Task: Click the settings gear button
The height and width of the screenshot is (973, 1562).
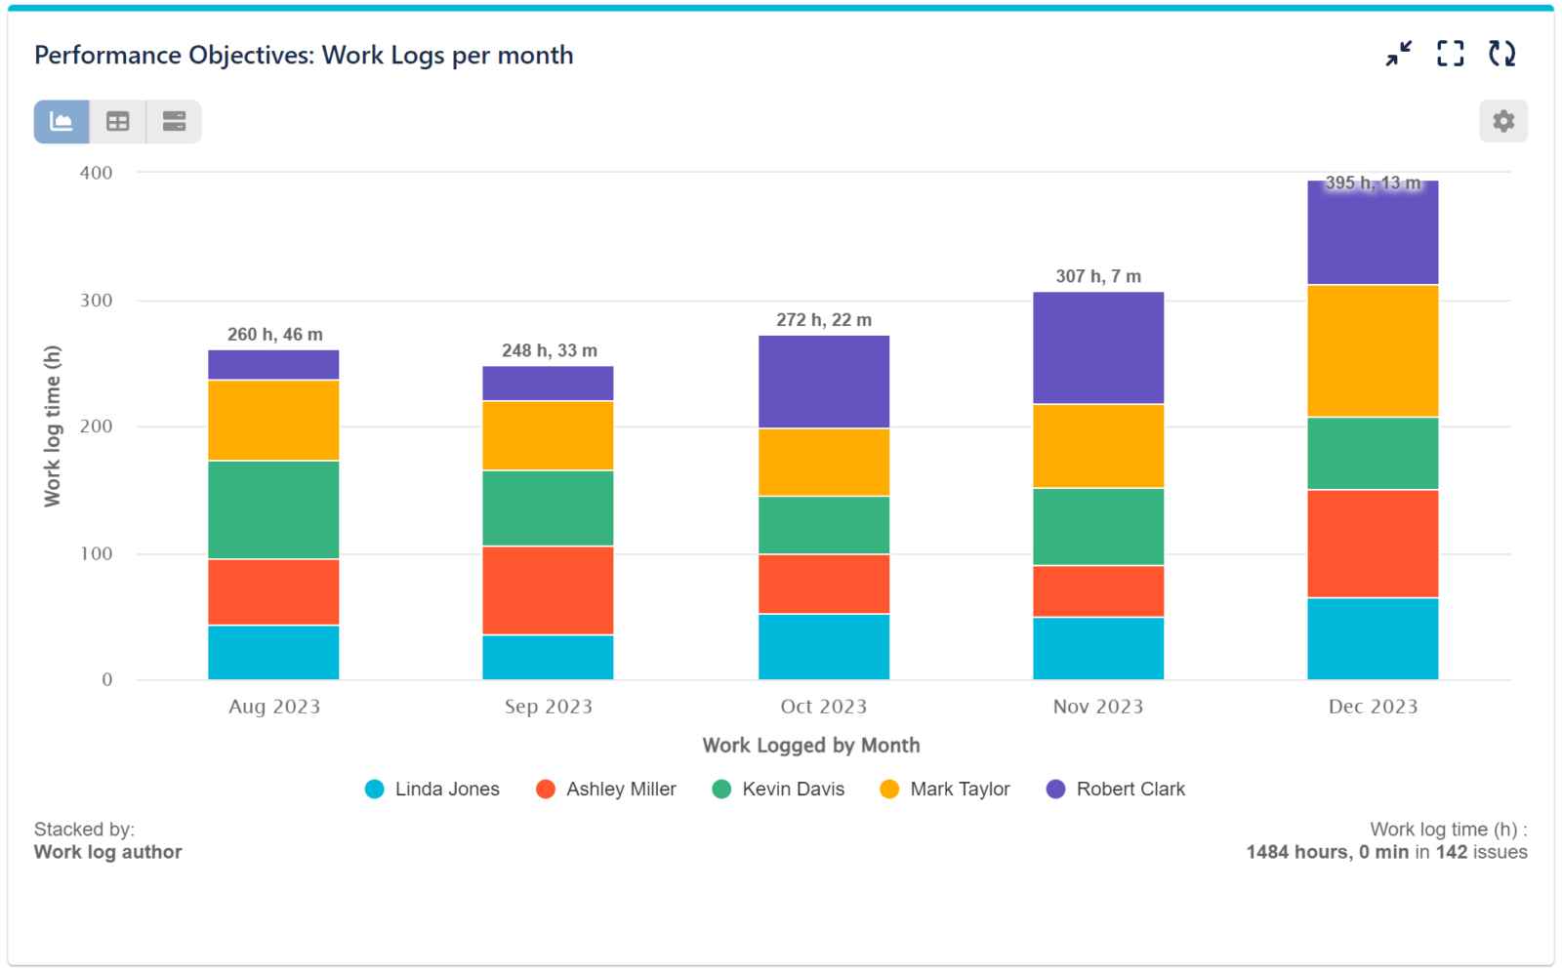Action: (1502, 121)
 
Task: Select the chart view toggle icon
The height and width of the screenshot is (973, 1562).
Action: (62, 121)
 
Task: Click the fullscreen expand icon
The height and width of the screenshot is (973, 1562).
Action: (1450, 54)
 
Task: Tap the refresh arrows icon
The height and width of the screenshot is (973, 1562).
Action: (1501, 54)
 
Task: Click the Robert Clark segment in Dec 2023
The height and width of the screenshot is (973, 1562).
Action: (1372, 234)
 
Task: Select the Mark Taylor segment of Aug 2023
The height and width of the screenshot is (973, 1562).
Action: (273, 420)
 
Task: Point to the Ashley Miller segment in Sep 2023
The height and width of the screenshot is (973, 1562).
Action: (548, 589)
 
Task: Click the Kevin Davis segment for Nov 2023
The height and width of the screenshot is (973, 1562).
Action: (1097, 526)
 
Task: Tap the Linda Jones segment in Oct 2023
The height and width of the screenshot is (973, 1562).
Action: (823, 646)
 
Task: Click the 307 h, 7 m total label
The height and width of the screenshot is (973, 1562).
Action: (1097, 276)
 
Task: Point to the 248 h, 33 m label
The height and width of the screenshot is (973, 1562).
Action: (549, 350)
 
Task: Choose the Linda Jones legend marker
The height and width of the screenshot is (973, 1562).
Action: (375, 789)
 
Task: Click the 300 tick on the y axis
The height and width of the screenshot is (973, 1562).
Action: (96, 300)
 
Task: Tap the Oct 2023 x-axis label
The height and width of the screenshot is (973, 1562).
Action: (823, 707)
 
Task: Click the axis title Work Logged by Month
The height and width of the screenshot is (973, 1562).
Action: (810, 746)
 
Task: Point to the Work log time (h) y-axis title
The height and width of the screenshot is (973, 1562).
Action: (52, 426)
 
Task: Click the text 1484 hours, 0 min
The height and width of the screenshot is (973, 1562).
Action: (1327, 852)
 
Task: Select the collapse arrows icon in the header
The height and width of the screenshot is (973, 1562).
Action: (1398, 54)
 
